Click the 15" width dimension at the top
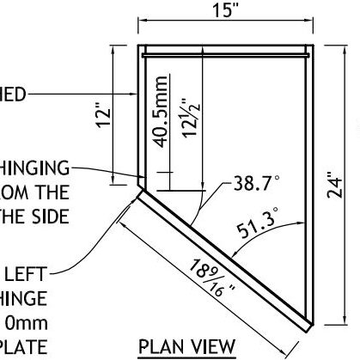click(x=227, y=11)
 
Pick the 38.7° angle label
click(x=257, y=184)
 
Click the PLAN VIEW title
click(x=187, y=346)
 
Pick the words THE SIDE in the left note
click(x=34, y=215)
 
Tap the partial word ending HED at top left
click(x=17, y=92)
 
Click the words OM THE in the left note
click(x=34, y=192)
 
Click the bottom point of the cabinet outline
click(x=308, y=329)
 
